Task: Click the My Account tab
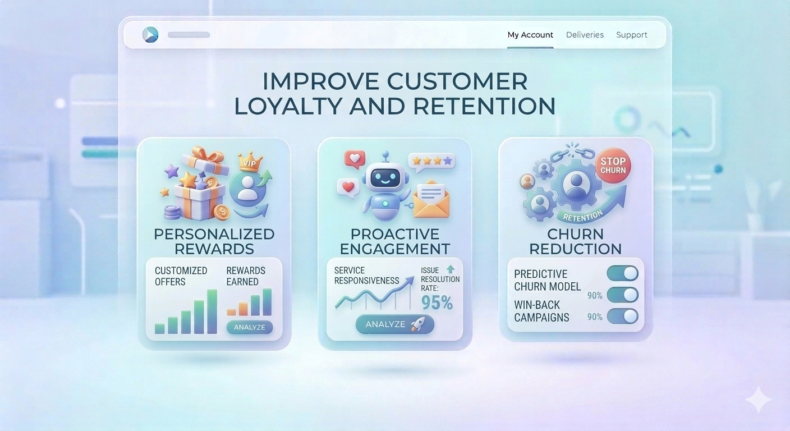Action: click(x=530, y=35)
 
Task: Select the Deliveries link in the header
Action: click(x=585, y=35)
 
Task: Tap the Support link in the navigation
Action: click(x=631, y=35)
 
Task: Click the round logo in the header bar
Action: click(x=150, y=35)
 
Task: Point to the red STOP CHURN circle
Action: click(x=613, y=166)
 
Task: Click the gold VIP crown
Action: click(x=247, y=161)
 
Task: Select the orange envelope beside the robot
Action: click(x=431, y=201)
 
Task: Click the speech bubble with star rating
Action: click(x=431, y=162)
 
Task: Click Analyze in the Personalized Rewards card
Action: click(x=249, y=327)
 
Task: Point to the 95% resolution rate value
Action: click(x=437, y=302)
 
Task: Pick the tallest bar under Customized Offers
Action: click(x=212, y=311)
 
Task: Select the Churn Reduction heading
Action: click(x=575, y=241)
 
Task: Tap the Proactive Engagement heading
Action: click(x=395, y=241)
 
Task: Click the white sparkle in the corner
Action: click(x=758, y=400)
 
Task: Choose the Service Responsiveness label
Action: click(x=366, y=276)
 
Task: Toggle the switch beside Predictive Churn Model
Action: click(x=623, y=274)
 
